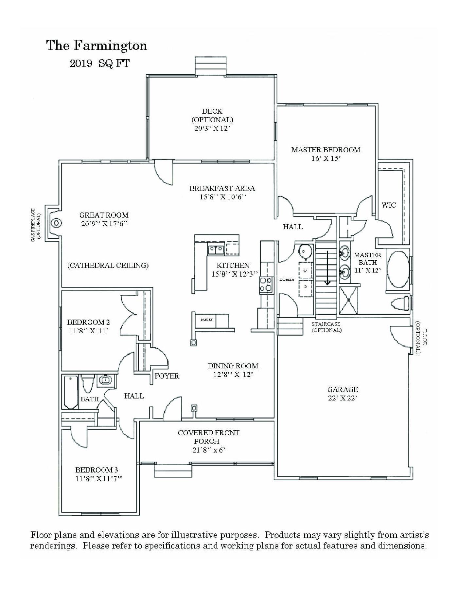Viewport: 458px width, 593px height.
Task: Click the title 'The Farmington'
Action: [x=97, y=46]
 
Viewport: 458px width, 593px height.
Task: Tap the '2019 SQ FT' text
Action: [x=99, y=63]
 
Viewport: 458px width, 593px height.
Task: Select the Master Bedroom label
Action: [x=326, y=150]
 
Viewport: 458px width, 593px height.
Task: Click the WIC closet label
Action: [x=388, y=205]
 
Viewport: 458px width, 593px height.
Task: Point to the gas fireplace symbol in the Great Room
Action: [x=56, y=223]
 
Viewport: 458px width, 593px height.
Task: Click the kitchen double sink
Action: [x=216, y=250]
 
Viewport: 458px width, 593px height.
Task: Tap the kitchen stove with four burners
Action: [x=266, y=284]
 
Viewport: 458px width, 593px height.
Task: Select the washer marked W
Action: [x=306, y=270]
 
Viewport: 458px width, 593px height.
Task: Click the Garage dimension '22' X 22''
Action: [x=343, y=398]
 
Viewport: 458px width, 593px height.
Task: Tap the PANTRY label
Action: [x=207, y=320]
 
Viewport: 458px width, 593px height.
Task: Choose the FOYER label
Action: [x=167, y=376]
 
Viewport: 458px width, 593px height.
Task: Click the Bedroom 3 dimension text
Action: [x=98, y=478]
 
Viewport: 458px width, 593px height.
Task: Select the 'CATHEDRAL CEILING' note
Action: [x=108, y=265]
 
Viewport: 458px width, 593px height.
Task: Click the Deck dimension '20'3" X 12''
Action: [x=212, y=128]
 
